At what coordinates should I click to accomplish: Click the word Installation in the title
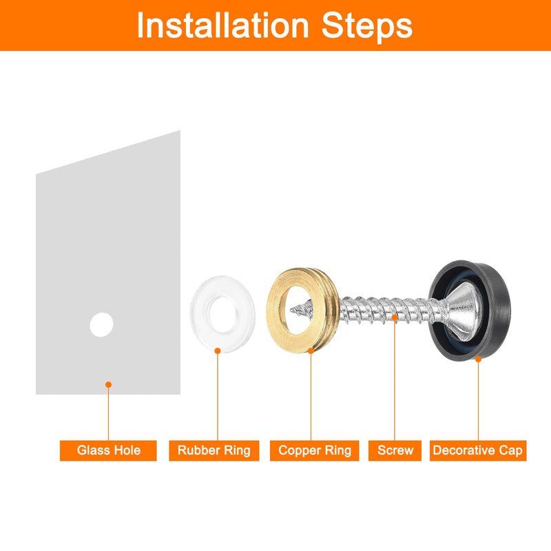pyautogui.click(x=222, y=25)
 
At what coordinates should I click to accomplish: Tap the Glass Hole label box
pyautogui.click(x=108, y=450)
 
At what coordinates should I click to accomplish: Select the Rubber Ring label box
pyautogui.click(x=214, y=450)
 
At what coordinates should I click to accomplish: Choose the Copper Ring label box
pyautogui.click(x=315, y=450)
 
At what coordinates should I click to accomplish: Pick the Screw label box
pyautogui.click(x=395, y=450)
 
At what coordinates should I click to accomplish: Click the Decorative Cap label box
pyautogui.click(x=478, y=450)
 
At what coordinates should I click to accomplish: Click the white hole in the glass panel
pyautogui.click(x=101, y=324)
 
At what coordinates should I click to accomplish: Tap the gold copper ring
pyautogui.click(x=276, y=309)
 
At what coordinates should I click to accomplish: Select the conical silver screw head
pyautogui.click(x=462, y=311)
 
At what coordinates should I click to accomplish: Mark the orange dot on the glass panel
pyautogui.click(x=109, y=385)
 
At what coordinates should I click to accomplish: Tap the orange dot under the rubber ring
pyautogui.click(x=218, y=351)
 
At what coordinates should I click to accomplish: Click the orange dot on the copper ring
pyautogui.click(x=311, y=351)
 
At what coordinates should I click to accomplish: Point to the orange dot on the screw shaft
pyautogui.click(x=395, y=318)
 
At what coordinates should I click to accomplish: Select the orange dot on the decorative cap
pyautogui.click(x=478, y=359)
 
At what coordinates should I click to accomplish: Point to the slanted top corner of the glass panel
pyautogui.click(x=180, y=131)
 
